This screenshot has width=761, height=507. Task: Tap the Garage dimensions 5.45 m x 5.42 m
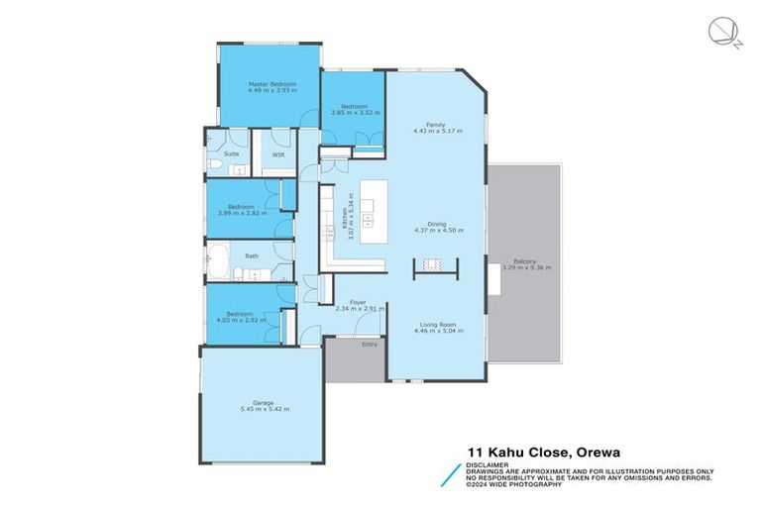(264, 409)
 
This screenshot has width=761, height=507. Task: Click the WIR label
(279, 155)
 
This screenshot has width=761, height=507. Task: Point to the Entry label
(369, 345)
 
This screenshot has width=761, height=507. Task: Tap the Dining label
(436, 224)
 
